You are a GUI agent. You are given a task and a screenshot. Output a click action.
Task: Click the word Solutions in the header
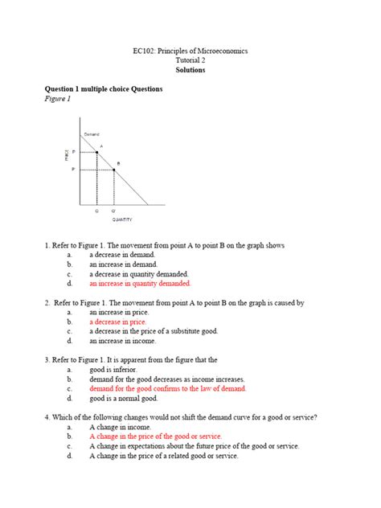click(x=190, y=71)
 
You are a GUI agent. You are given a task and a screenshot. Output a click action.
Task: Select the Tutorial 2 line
click(x=190, y=60)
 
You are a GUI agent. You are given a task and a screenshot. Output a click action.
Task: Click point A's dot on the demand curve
click(x=97, y=151)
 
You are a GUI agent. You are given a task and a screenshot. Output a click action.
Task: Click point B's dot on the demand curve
click(x=114, y=170)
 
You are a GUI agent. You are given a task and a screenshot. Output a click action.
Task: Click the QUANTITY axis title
click(x=122, y=219)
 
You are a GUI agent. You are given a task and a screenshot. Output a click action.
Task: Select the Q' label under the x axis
click(x=113, y=211)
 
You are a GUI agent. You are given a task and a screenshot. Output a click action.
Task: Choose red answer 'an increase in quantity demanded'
click(x=140, y=284)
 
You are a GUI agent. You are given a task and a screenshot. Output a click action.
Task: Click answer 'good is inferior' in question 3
click(x=114, y=369)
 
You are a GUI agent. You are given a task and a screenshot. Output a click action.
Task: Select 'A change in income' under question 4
click(x=120, y=427)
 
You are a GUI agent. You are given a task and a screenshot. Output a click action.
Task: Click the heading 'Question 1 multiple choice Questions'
click(x=104, y=89)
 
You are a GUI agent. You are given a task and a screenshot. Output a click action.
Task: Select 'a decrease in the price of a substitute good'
click(x=153, y=330)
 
